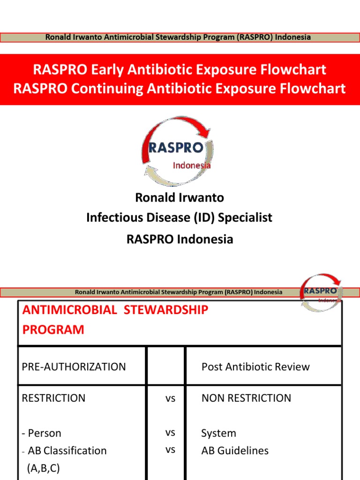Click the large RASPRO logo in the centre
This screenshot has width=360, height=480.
[177, 151]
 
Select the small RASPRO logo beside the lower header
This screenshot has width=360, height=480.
[321, 292]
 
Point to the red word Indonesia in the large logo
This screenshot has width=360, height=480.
[192, 165]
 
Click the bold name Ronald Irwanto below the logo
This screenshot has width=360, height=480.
[180, 197]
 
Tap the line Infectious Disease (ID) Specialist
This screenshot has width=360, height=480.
[180, 217]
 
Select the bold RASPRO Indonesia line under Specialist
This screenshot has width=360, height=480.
[180, 239]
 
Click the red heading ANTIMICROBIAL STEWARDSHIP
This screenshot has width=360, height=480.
[115, 310]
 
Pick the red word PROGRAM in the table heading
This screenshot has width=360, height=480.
[53, 330]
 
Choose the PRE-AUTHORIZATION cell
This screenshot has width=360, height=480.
[74, 367]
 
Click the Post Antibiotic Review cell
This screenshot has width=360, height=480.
[255, 367]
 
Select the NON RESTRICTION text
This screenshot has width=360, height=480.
[246, 398]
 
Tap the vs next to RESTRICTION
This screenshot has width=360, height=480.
[170, 398]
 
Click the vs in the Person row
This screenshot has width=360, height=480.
[170, 433]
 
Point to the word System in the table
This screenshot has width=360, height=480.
[218, 433]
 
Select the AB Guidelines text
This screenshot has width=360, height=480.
[235, 450]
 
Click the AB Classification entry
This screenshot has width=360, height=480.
[67, 450]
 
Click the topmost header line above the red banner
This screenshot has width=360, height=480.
[178, 37]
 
